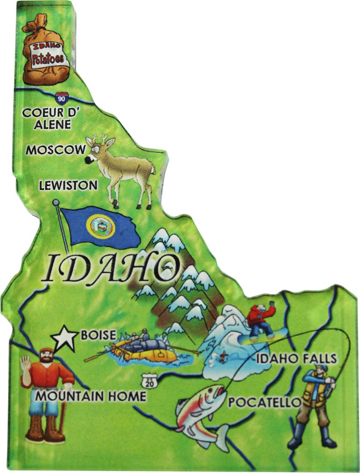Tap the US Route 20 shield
148,381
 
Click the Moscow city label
55,150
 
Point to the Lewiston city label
68,185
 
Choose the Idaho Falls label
296,358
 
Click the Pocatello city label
264,402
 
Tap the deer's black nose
88,160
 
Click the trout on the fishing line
203,411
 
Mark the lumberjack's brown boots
45,430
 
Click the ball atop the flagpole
55,202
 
